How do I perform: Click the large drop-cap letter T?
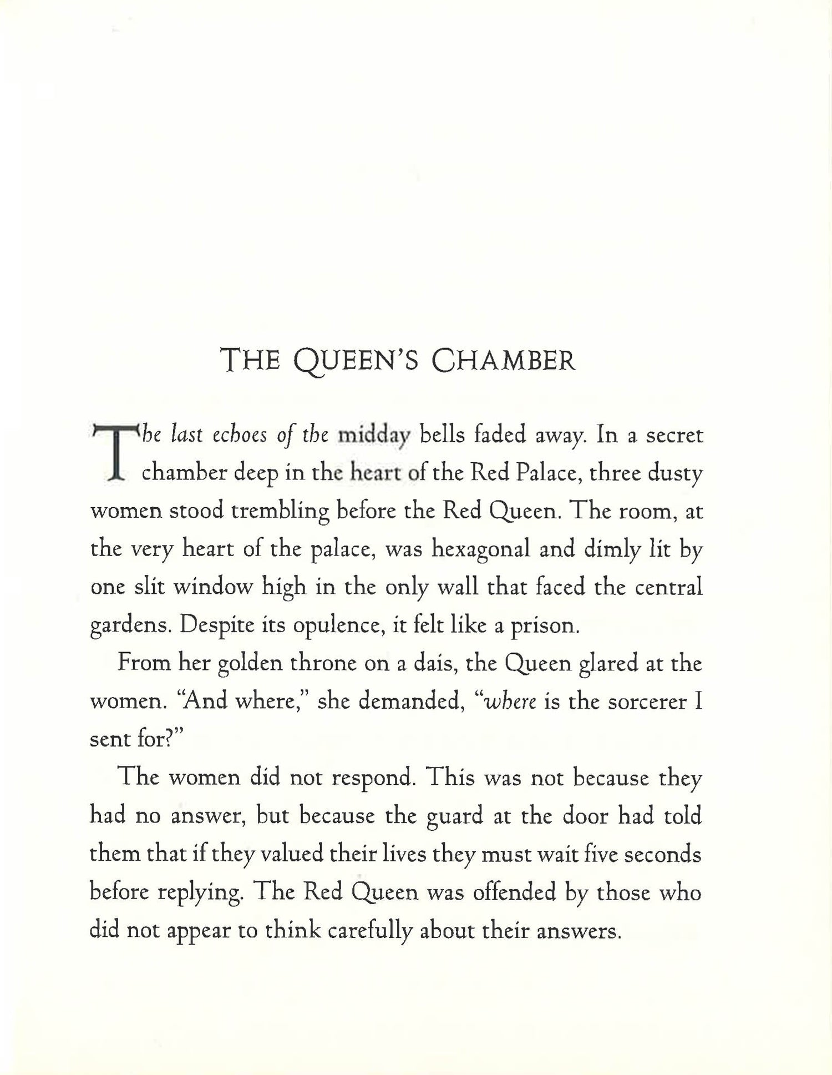[x=114, y=453]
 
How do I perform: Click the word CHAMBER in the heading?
[x=503, y=360]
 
